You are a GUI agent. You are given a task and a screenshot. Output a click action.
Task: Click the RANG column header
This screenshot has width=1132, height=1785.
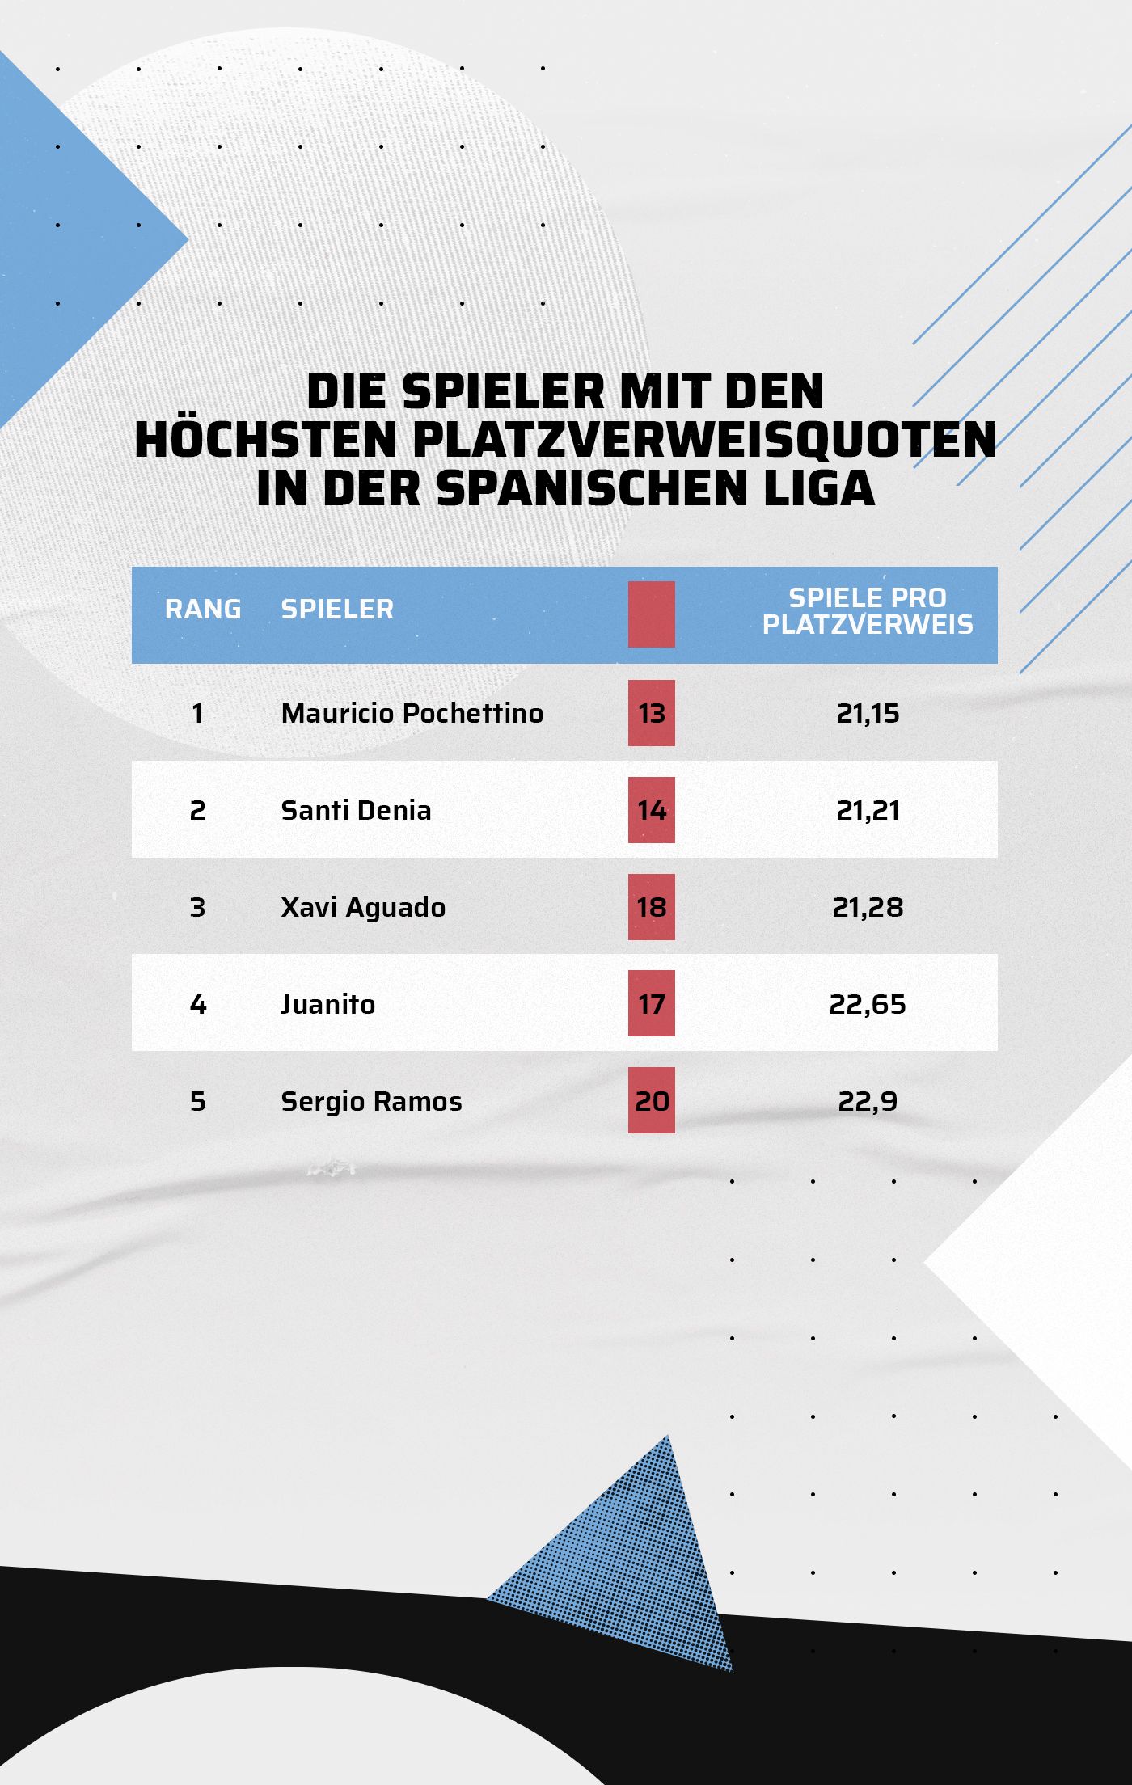click(203, 609)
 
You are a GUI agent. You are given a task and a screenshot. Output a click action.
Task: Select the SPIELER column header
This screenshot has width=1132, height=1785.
click(337, 609)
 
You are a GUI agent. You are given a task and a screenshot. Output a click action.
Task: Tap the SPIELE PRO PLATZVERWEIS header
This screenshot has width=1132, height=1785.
click(868, 610)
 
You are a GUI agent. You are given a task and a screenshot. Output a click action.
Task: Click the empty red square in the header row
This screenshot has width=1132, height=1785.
click(652, 614)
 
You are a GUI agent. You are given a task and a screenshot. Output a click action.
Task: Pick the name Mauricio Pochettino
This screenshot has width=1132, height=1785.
click(412, 713)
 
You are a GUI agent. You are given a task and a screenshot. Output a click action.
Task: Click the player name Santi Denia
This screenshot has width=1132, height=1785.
click(356, 810)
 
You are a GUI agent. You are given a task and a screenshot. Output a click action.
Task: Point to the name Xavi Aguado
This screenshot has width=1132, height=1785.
click(363, 907)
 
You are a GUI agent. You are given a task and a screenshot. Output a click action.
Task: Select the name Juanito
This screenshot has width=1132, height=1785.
click(328, 1004)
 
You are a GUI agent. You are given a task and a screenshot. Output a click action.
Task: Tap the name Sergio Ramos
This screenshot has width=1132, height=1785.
click(371, 1101)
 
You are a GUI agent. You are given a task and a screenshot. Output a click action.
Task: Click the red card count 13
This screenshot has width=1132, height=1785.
click(652, 713)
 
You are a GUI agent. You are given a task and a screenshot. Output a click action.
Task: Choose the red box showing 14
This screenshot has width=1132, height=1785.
click(652, 810)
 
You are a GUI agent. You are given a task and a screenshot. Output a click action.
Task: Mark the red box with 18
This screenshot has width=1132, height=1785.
click(652, 907)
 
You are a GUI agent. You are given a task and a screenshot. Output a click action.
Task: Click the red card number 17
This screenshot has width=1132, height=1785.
click(652, 1004)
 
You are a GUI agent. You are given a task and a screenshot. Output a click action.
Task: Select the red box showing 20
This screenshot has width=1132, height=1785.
click(652, 1101)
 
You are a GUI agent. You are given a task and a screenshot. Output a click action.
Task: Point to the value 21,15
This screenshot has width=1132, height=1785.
click(868, 713)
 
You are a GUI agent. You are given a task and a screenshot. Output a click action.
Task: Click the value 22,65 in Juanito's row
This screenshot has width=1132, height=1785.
click(868, 1004)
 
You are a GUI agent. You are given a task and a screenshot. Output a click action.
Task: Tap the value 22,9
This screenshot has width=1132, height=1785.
click(868, 1101)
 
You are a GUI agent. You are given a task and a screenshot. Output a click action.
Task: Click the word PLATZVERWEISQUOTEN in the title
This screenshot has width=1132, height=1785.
click(703, 440)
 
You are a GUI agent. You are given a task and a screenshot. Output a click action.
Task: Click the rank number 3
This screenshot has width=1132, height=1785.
click(198, 907)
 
